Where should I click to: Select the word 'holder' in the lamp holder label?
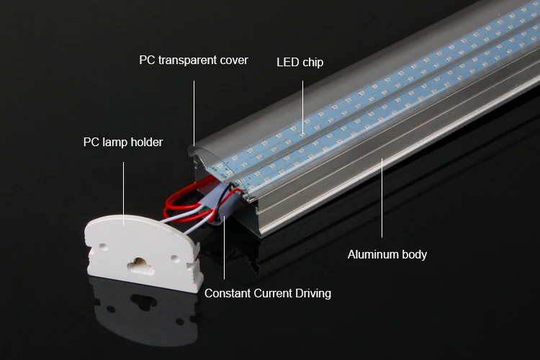point(146,142)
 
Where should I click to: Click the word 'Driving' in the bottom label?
point(312,293)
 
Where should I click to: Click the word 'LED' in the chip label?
point(287,63)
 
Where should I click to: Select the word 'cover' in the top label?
point(233,60)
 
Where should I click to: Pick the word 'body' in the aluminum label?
point(415,254)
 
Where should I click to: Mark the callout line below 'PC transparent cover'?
point(194,108)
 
